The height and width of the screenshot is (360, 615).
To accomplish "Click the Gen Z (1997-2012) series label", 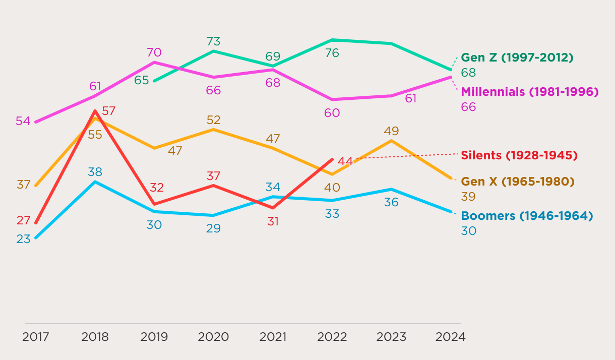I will click(x=517, y=57).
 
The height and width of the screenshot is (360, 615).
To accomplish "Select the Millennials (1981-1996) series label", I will click(x=529, y=92).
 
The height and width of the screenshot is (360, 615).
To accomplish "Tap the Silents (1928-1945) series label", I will click(x=519, y=155).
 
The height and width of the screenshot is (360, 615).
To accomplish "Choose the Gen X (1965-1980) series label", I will click(x=518, y=182).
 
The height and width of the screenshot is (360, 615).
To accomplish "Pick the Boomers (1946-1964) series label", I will click(x=527, y=216).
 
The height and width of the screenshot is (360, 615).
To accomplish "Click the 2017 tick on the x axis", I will click(x=36, y=337).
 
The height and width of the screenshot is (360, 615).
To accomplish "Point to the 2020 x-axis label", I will click(x=213, y=337).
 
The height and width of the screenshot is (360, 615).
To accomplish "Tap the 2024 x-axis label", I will click(x=450, y=337).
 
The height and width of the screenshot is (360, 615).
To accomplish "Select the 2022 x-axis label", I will click(x=332, y=337).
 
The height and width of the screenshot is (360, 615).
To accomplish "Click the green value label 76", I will click(x=332, y=53).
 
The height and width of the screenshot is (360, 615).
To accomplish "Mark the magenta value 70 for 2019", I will click(x=154, y=52).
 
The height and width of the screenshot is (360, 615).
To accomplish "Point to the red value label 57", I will click(x=109, y=111).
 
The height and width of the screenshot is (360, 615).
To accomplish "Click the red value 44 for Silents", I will click(x=345, y=161).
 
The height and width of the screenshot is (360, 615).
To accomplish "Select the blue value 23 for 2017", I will click(x=23, y=239).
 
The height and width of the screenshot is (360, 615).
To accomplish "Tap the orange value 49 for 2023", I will click(x=391, y=131).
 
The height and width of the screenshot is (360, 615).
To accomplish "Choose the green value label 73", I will click(x=213, y=41).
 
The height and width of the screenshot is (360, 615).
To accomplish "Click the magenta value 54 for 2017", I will click(x=23, y=121).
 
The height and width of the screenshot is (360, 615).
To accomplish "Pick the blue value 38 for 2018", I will click(x=95, y=172).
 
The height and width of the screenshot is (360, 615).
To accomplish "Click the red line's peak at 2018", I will click(x=95, y=111).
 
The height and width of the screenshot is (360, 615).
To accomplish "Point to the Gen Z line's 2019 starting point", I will click(x=154, y=81).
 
